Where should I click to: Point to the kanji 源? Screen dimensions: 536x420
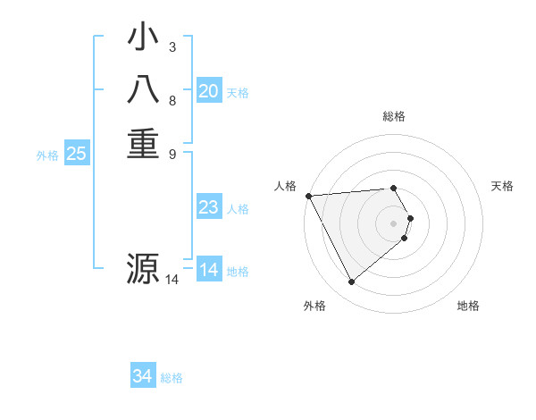click(x=143, y=268)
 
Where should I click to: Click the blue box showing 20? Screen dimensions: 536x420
click(x=209, y=91)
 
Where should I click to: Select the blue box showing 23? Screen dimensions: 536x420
click(x=209, y=208)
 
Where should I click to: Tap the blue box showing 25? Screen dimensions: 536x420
click(x=77, y=154)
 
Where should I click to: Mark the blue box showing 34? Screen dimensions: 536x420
click(x=143, y=377)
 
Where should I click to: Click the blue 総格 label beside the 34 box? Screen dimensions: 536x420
click(x=172, y=379)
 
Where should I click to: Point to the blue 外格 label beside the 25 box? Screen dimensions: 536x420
click(x=47, y=155)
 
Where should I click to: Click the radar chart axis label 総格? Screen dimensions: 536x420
click(x=394, y=116)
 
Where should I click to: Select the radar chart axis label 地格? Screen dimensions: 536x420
click(x=468, y=306)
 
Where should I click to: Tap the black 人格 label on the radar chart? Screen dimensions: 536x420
click(x=285, y=186)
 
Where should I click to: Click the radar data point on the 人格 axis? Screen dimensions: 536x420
click(x=308, y=196)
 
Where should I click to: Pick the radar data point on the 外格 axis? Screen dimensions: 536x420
click(x=351, y=282)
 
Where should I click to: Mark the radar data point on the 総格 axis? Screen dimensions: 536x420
click(x=394, y=188)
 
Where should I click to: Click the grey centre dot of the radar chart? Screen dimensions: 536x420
click(x=394, y=223)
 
